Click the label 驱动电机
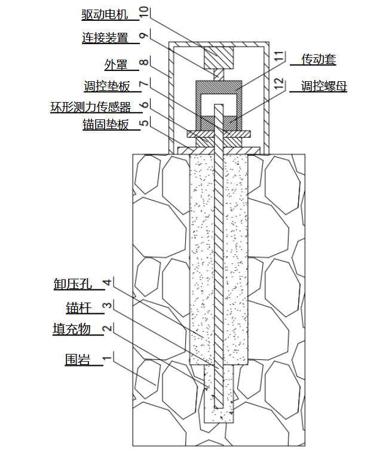[x=105, y=14]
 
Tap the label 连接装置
[x=105, y=38]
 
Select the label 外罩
[x=116, y=64]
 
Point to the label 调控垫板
[x=107, y=86]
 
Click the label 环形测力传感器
[x=91, y=107]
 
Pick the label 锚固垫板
[x=106, y=125]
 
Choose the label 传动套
[x=318, y=59]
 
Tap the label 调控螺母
[x=324, y=86]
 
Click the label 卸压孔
[x=73, y=283]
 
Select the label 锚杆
[x=79, y=308]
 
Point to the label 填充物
[x=72, y=329]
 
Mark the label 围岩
[x=78, y=360]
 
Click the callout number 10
[x=143, y=13]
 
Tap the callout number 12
[x=279, y=84]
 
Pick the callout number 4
[x=108, y=282]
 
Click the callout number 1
[x=107, y=358]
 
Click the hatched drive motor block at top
[x=219, y=58]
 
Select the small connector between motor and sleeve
[x=219, y=75]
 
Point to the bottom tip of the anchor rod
[x=219, y=408]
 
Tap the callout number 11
[x=279, y=56]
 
